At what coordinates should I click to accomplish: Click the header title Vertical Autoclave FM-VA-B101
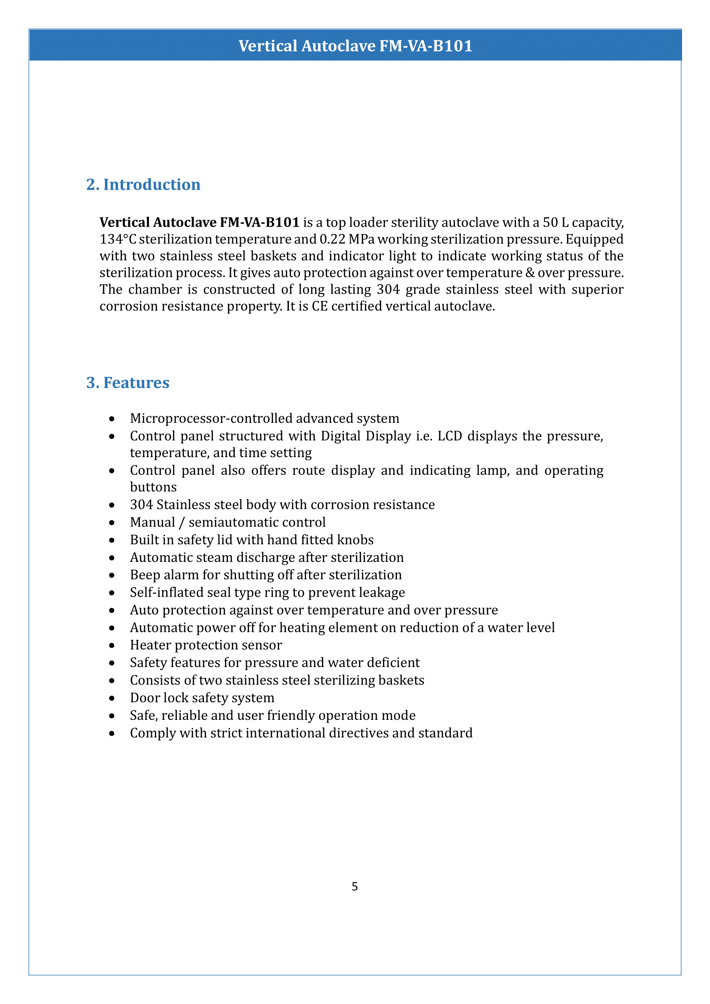(x=355, y=46)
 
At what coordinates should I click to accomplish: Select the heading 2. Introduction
(x=143, y=185)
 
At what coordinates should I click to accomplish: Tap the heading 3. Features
(x=127, y=382)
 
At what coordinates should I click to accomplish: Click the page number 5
(x=355, y=886)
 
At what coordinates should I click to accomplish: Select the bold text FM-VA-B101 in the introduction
(x=259, y=223)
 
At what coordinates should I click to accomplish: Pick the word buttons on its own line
(x=153, y=487)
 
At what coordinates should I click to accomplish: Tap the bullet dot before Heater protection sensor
(x=112, y=646)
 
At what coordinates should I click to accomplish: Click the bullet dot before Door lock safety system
(x=112, y=698)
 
